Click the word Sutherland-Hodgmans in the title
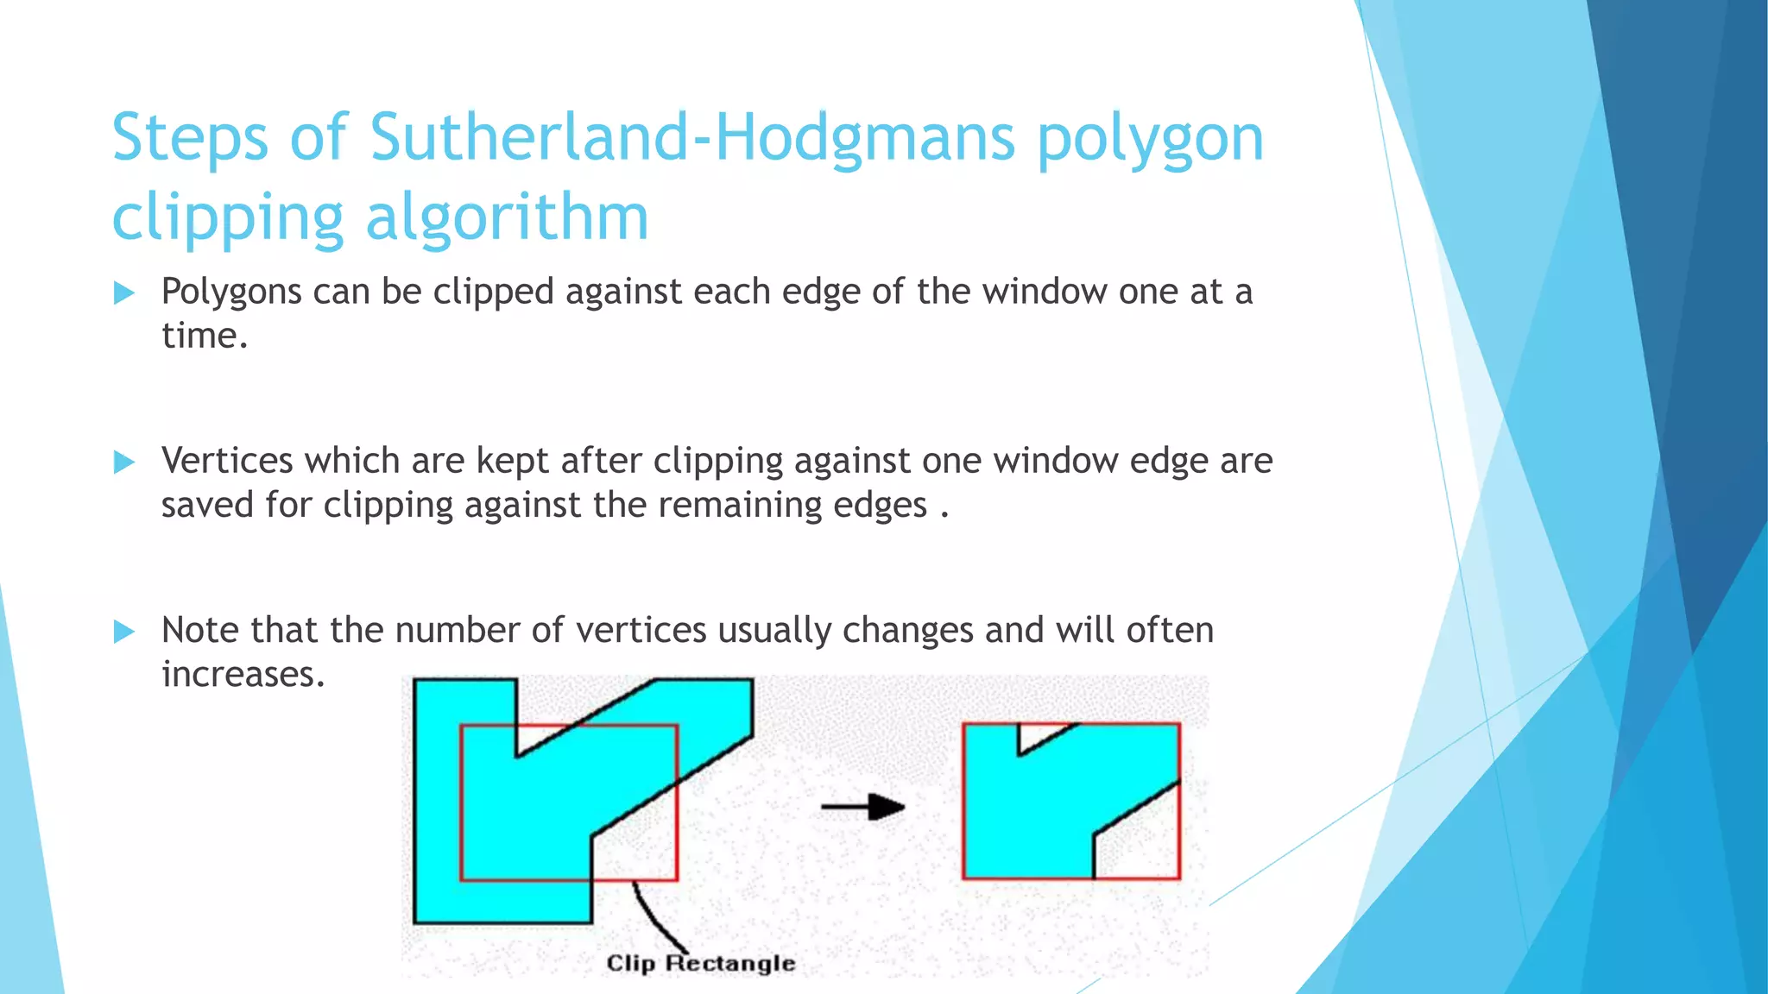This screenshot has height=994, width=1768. (691, 138)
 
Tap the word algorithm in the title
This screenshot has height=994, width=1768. (507, 217)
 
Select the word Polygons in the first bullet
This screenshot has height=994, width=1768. (231, 293)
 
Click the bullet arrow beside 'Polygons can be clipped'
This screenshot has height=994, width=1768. (124, 293)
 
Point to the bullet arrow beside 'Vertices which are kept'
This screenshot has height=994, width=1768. (124, 462)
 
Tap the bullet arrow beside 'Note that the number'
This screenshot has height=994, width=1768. (124, 632)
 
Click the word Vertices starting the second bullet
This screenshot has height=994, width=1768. (227, 461)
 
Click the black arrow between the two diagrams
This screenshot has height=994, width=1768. (862, 808)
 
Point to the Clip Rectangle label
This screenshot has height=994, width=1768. (700, 963)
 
